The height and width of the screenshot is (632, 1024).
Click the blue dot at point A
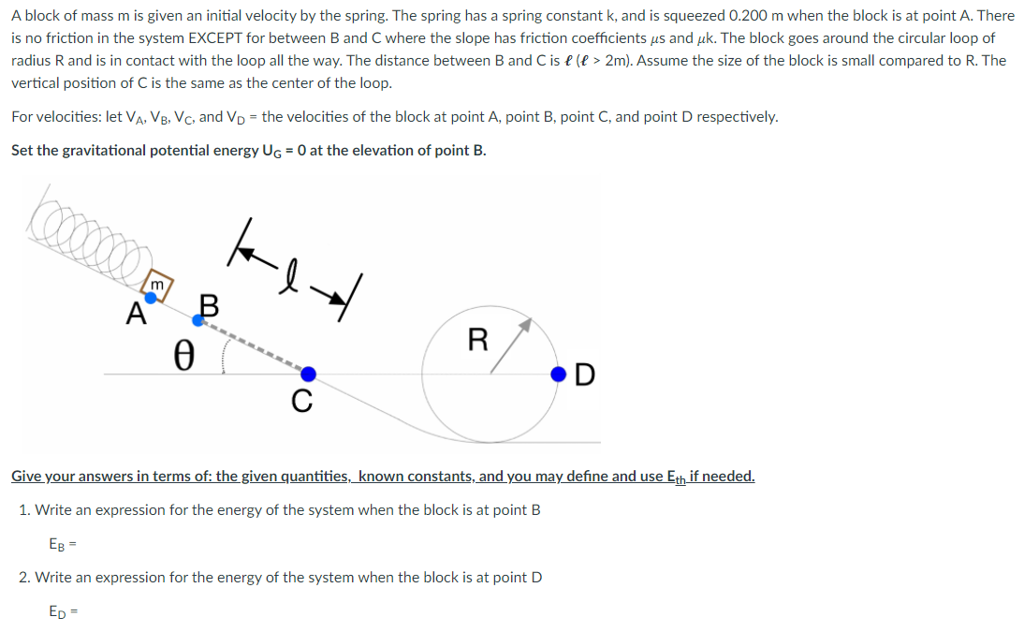150,296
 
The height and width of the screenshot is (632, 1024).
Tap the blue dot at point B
197,320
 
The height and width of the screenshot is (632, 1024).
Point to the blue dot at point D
559,375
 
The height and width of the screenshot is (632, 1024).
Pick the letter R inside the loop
477,339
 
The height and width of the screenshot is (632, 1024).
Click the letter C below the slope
300,402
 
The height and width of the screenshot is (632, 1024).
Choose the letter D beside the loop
584,375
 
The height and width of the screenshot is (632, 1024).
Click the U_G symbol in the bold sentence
256,151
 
